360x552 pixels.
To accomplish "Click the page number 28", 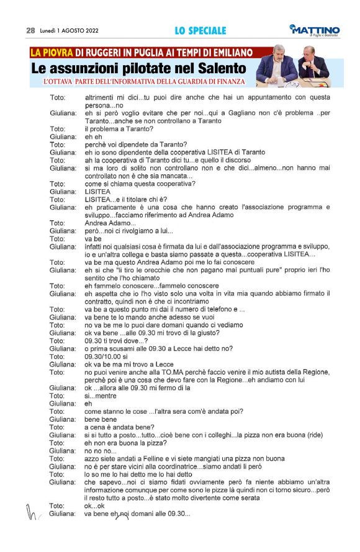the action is [x=30, y=30].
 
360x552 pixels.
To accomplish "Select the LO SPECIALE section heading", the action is [x=200, y=30].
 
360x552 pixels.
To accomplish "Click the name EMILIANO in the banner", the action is [x=227, y=52].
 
